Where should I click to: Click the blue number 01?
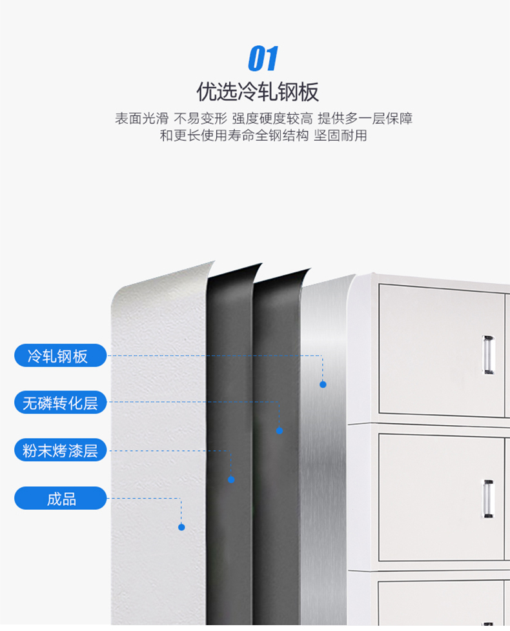(263, 59)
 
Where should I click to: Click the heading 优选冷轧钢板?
(258, 92)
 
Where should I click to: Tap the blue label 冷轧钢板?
(60, 356)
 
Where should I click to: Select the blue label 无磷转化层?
(60, 403)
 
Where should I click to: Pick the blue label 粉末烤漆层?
(60, 450)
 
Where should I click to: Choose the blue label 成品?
(60, 498)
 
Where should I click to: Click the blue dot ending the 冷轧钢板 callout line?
(323, 385)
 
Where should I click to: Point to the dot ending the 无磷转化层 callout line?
(280, 430)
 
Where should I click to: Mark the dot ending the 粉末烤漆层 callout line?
(231, 479)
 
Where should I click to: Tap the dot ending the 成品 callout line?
(181, 527)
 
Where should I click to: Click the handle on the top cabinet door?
(488, 355)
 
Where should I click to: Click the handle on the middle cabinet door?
(488, 499)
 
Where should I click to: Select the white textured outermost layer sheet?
(155, 452)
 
